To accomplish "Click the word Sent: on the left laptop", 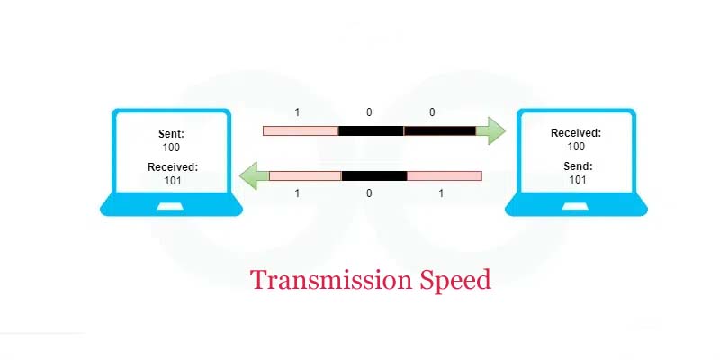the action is point(171,134).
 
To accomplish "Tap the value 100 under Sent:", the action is point(171,148).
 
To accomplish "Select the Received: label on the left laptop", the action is point(173,167).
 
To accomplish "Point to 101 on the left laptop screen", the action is point(173,181).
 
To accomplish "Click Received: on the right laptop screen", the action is point(576,133).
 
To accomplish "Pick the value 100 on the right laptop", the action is point(576,147).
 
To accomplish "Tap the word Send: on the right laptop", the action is point(578,166).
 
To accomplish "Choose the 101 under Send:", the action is point(578,179).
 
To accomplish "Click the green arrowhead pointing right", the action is point(491,130).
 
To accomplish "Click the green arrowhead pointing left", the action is point(254,175).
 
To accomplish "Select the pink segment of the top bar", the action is point(301,130).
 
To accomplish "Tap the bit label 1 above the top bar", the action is point(297,112).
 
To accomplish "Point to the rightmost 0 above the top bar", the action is point(432,112).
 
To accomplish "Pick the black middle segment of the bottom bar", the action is point(374,175).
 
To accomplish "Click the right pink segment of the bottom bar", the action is point(445,175).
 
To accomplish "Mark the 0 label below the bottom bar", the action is point(369,193).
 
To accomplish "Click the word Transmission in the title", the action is point(331,280).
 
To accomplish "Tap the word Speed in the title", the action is point(455,281).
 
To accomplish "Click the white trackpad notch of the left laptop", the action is point(170,207).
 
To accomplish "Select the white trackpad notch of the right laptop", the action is point(575,207).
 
